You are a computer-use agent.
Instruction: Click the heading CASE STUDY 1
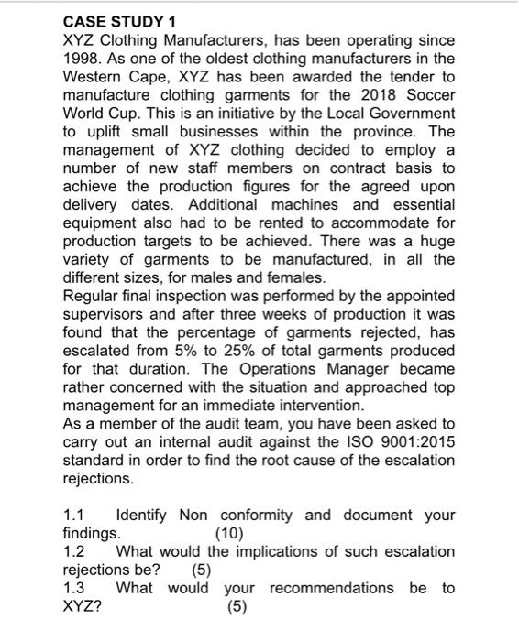[118, 21]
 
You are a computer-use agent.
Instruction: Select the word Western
[94, 76]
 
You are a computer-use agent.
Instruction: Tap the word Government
[411, 113]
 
